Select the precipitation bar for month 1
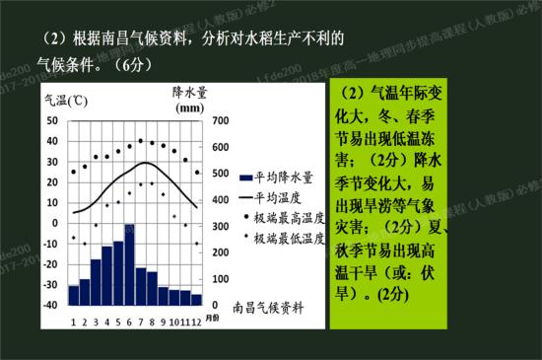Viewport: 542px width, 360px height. [73, 294]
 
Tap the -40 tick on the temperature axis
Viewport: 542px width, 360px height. [49, 305]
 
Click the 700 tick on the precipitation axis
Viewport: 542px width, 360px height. [220, 121]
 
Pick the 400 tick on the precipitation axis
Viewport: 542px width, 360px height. [220, 200]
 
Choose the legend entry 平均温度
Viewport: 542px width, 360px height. [279, 198]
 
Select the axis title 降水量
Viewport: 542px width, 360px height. [188, 91]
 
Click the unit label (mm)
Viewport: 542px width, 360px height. [188, 108]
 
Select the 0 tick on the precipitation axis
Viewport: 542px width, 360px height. [220, 305]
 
